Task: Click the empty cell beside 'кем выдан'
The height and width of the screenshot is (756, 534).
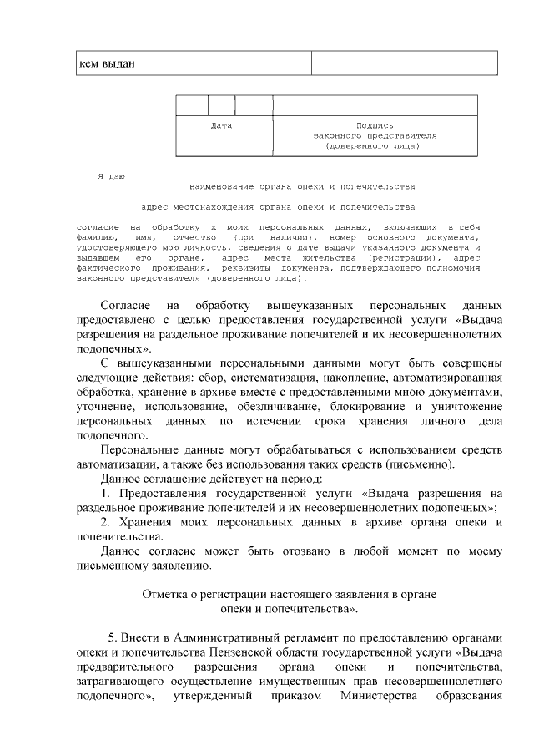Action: tap(404, 63)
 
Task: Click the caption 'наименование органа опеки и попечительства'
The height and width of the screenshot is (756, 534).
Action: tap(302, 187)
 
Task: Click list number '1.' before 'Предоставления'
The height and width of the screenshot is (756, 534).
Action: tap(106, 493)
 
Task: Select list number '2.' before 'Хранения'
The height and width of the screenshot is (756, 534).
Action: tap(106, 522)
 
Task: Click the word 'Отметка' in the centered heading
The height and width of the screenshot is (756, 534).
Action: tap(168, 596)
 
